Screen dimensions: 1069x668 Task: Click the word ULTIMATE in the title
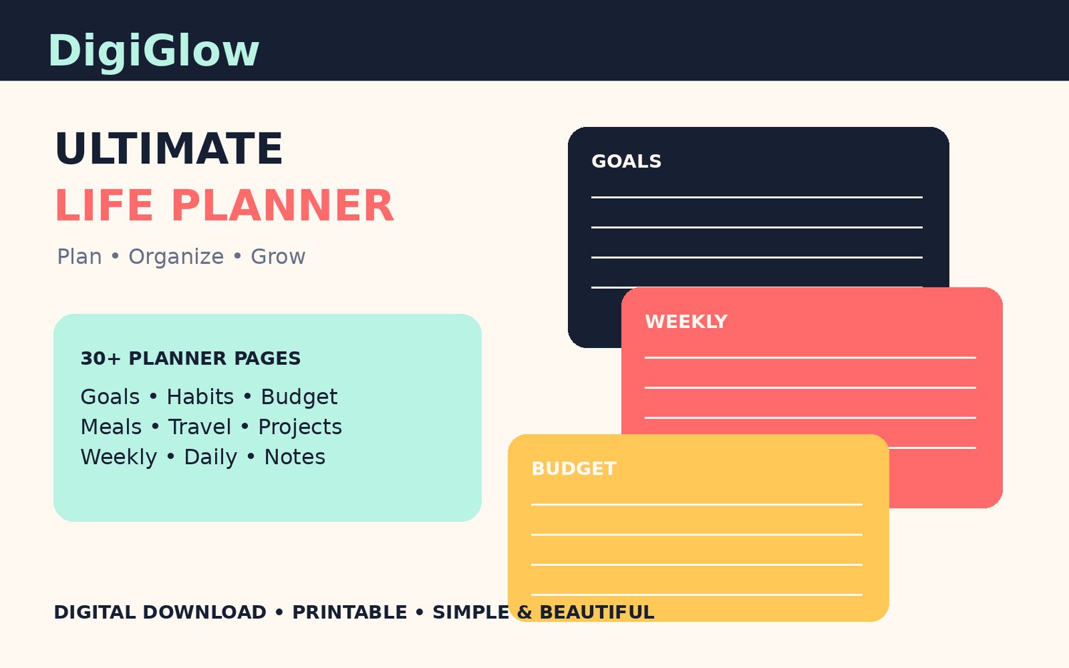[x=170, y=148]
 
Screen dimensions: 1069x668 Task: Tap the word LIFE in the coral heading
[x=104, y=206]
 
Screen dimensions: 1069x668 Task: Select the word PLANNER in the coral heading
[x=282, y=206]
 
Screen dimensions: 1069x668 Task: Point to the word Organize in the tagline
[x=176, y=257]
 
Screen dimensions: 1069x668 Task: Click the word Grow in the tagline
[x=278, y=257]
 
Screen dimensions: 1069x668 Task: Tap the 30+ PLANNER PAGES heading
[x=190, y=359]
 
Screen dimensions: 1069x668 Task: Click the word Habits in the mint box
[x=200, y=397]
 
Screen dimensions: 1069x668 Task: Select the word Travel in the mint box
[x=200, y=427]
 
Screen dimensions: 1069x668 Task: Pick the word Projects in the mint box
[x=300, y=427]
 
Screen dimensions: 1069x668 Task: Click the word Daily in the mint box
[x=210, y=458]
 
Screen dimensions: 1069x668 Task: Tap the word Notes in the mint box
[x=294, y=458]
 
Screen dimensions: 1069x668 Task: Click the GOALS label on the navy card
[x=626, y=161]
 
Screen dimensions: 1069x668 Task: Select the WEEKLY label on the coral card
[x=686, y=322]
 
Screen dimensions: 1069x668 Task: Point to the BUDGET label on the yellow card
[x=574, y=469]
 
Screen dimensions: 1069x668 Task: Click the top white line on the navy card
[x=757, y=197]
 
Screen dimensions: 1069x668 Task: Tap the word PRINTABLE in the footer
[x=349, y=612]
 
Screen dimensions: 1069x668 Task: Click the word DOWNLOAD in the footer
[x=205, y=612]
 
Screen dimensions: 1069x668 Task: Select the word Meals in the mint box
[x=110, y=427]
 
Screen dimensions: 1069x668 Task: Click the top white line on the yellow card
[x=697, y=505]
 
